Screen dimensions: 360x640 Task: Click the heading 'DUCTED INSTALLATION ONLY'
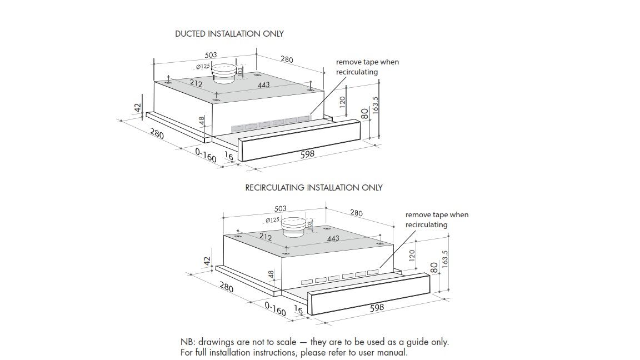(x=229, y=34)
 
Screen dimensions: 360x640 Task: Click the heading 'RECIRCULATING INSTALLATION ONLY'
(x=314, y=188)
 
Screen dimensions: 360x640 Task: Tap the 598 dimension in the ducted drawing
(x=307, y=154)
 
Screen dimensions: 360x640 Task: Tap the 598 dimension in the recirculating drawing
(x=377, y=307)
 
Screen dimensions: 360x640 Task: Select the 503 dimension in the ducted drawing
(x=211, y=56)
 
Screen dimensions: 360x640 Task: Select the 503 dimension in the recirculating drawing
(x=281, y=209)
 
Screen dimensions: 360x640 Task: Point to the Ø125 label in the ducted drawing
(x=203, y=67)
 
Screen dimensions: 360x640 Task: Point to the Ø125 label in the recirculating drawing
(x=272, y=221)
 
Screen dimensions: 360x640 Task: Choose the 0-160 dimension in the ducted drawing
(x=206, y=155)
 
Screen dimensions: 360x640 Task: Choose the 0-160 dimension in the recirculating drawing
(x=275, y=309)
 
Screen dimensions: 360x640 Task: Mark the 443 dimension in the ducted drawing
(x=263, y=85)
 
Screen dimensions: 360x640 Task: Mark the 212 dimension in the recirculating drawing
(x=266, y=237)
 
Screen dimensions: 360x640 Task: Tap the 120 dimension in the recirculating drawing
(x=412, y=255)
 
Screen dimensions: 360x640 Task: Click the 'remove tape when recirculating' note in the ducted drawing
(x=367, y=67)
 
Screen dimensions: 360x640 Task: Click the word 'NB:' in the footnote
(x=188, y=342)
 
